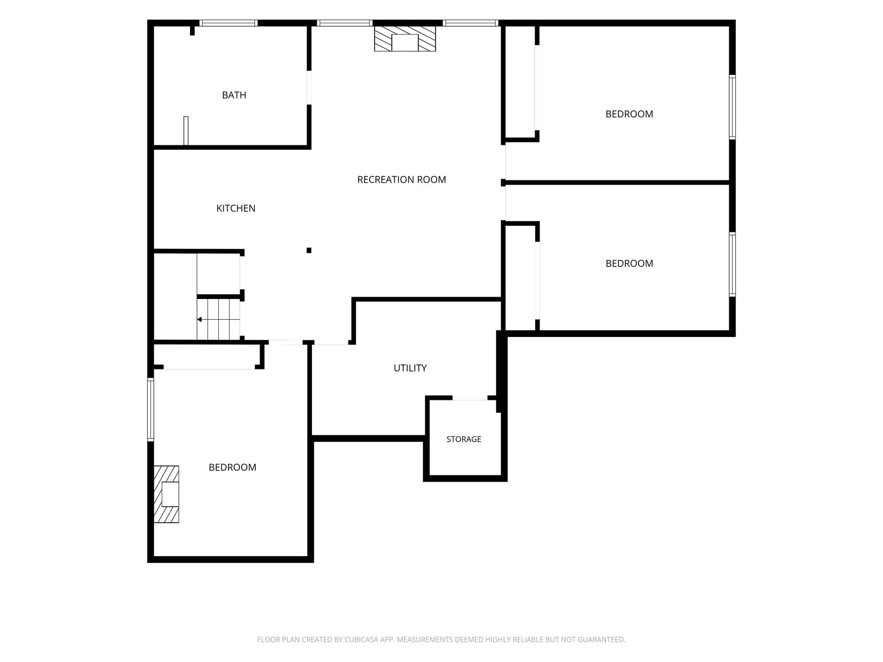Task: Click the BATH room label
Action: pyautogui.click(x=234, y=95)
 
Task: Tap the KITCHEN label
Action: pyautogui.click(x=236, y=208)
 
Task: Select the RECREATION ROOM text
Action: pyautogui.click(x=402, y=180)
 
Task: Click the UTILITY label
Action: pyautogui.click(x=410, y=368)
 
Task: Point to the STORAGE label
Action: pyautogui.click(x=464, y=439)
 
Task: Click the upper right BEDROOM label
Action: pyautogui.click(x=629, y=114)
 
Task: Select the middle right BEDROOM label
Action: pyautogui.click(x=629, y=264)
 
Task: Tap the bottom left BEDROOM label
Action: pyautogui.click(x=233, y=467)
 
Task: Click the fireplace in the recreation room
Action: pyautogui.click(x=405, y=38)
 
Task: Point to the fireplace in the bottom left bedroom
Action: pyautogui.click(x=167, y=494)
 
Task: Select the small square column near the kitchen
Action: pyautogui.click(x=309, y=250)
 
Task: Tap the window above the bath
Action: pyautogui.click(x=229, y=23)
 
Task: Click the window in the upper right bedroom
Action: pyautogui.click(x=732, y=107)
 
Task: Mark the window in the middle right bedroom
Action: pyautogui.click(x=732, y=265)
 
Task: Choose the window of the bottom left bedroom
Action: pyautogui.click(x=151, y=409)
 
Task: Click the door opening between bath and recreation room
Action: pyautogui.click(x=309, y=88)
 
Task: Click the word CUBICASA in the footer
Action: pyautogui.click(x=361, y=640)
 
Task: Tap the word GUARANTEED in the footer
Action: pyautogui.click(x=602, y=640)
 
